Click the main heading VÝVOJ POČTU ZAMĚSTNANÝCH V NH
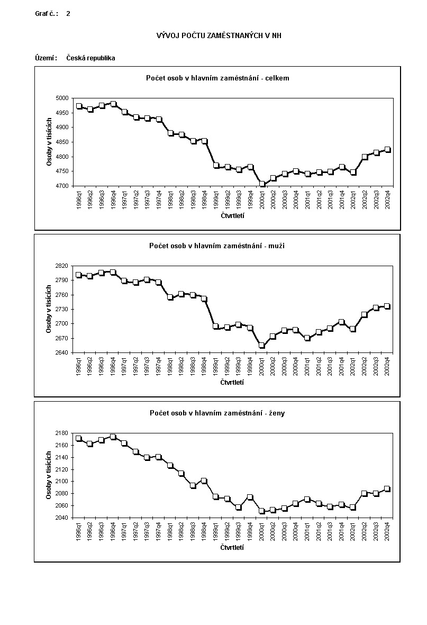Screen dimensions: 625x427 [219, 35]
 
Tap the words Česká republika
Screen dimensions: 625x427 [90, 58]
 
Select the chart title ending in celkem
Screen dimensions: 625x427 [217, 78]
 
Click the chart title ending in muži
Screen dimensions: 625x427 [217, 246]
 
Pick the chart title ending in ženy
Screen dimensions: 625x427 [217, 413]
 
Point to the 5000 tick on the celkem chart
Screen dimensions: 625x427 [62, 98]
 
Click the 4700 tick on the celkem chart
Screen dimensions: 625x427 [62, 186]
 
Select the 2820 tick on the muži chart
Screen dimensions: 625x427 [62, 266]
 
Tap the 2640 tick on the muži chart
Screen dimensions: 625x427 [62, 352]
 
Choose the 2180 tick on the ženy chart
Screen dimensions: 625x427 [62, 433]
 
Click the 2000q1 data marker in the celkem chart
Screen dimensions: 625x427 [262, 184]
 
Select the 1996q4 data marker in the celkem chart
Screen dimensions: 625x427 [113, 104]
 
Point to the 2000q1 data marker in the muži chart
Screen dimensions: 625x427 [261, 345]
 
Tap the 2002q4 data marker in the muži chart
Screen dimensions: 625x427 [387, 306]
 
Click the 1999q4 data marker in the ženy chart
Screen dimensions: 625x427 [250, 497]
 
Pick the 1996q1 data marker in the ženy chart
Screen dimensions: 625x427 [79, 439]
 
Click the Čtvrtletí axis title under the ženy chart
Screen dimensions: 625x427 [232, 547]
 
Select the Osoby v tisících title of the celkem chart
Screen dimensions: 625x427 [49, 142]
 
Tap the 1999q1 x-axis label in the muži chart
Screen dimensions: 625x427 [216, 366]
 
